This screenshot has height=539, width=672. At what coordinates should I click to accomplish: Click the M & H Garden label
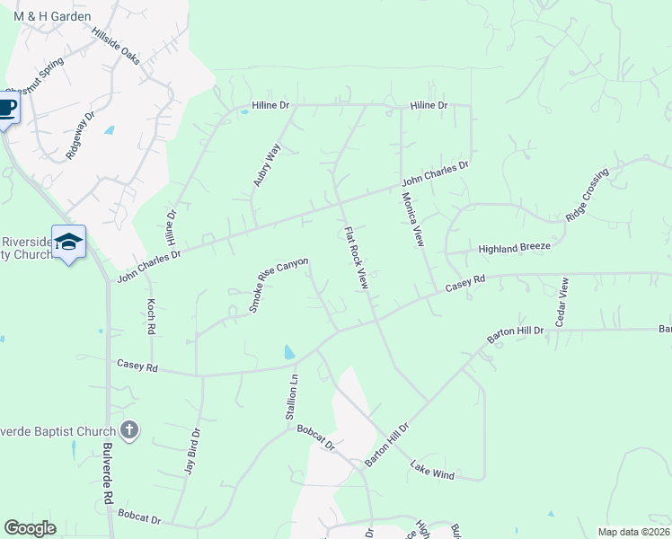point(52,16)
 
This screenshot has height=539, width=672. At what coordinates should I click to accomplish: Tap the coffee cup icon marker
point(6,109)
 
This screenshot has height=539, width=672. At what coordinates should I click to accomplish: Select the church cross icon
point(129,429)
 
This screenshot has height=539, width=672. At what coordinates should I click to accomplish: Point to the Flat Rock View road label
point(357,257)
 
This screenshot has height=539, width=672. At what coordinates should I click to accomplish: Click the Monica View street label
point(411,219)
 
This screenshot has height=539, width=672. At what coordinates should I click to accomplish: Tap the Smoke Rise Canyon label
point(279,285)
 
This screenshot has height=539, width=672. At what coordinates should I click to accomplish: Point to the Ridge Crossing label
point(588,195)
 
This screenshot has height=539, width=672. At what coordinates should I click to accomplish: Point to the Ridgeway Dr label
point(81,136)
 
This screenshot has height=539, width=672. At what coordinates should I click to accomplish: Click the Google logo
point(31,528)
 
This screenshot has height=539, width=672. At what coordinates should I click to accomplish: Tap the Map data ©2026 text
point(633,532)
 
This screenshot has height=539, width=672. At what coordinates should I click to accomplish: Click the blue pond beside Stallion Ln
point(287,352)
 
